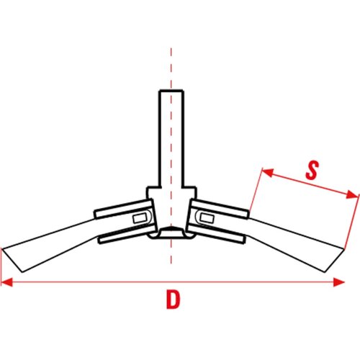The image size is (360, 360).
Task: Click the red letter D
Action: tap(173, 300)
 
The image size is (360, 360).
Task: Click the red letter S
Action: tap(312, 170)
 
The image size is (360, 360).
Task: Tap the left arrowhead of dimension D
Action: tap(6, 282)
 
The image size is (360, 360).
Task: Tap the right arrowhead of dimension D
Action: tap(339, 282)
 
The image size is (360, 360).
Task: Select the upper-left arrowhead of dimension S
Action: tap(267, 172)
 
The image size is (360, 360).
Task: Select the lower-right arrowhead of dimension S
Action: tap(352, 194)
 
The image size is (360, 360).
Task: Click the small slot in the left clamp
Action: tap(140, 219)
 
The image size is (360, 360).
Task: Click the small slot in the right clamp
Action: tap(207, 218)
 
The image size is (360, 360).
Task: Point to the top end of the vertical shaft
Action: tap(171, 91)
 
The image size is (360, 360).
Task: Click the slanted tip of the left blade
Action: tap(12, 261)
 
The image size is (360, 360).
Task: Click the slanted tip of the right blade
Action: tap(334, 261)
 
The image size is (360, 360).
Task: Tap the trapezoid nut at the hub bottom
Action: tap(171, 233)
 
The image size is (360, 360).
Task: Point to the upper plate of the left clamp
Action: tap(123, 209)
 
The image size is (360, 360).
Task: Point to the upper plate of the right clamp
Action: tap(220, 209)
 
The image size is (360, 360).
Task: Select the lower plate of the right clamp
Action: tap(217, 233)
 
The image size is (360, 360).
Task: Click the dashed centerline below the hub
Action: tap(171, 251)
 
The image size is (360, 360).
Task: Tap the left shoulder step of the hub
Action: tap(153, 187)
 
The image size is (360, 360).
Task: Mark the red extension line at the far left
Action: tap(1, 265)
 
